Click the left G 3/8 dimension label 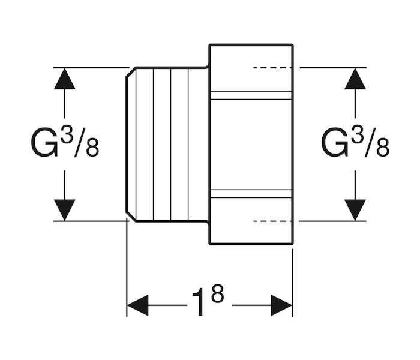tap(65, 144)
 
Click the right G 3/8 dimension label tap(355, 144)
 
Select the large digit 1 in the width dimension tap(200, 302)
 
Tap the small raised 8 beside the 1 tap(217, 293)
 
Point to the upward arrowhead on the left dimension tap(65, 79)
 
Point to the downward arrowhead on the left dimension tap(65, 210)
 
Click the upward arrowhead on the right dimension tap(355, 79)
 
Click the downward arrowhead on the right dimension tap(355, 210)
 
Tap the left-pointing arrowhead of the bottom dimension tap(137, 305)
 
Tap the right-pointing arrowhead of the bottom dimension tap(281, 305)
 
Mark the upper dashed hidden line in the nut tap(272, 68)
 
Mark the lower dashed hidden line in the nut tap(272, 221)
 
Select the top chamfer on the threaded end tap(131, 72)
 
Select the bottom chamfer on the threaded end tap(131, 217)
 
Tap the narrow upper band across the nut tap(251, 95)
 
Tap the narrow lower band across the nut tap(251, 194)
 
